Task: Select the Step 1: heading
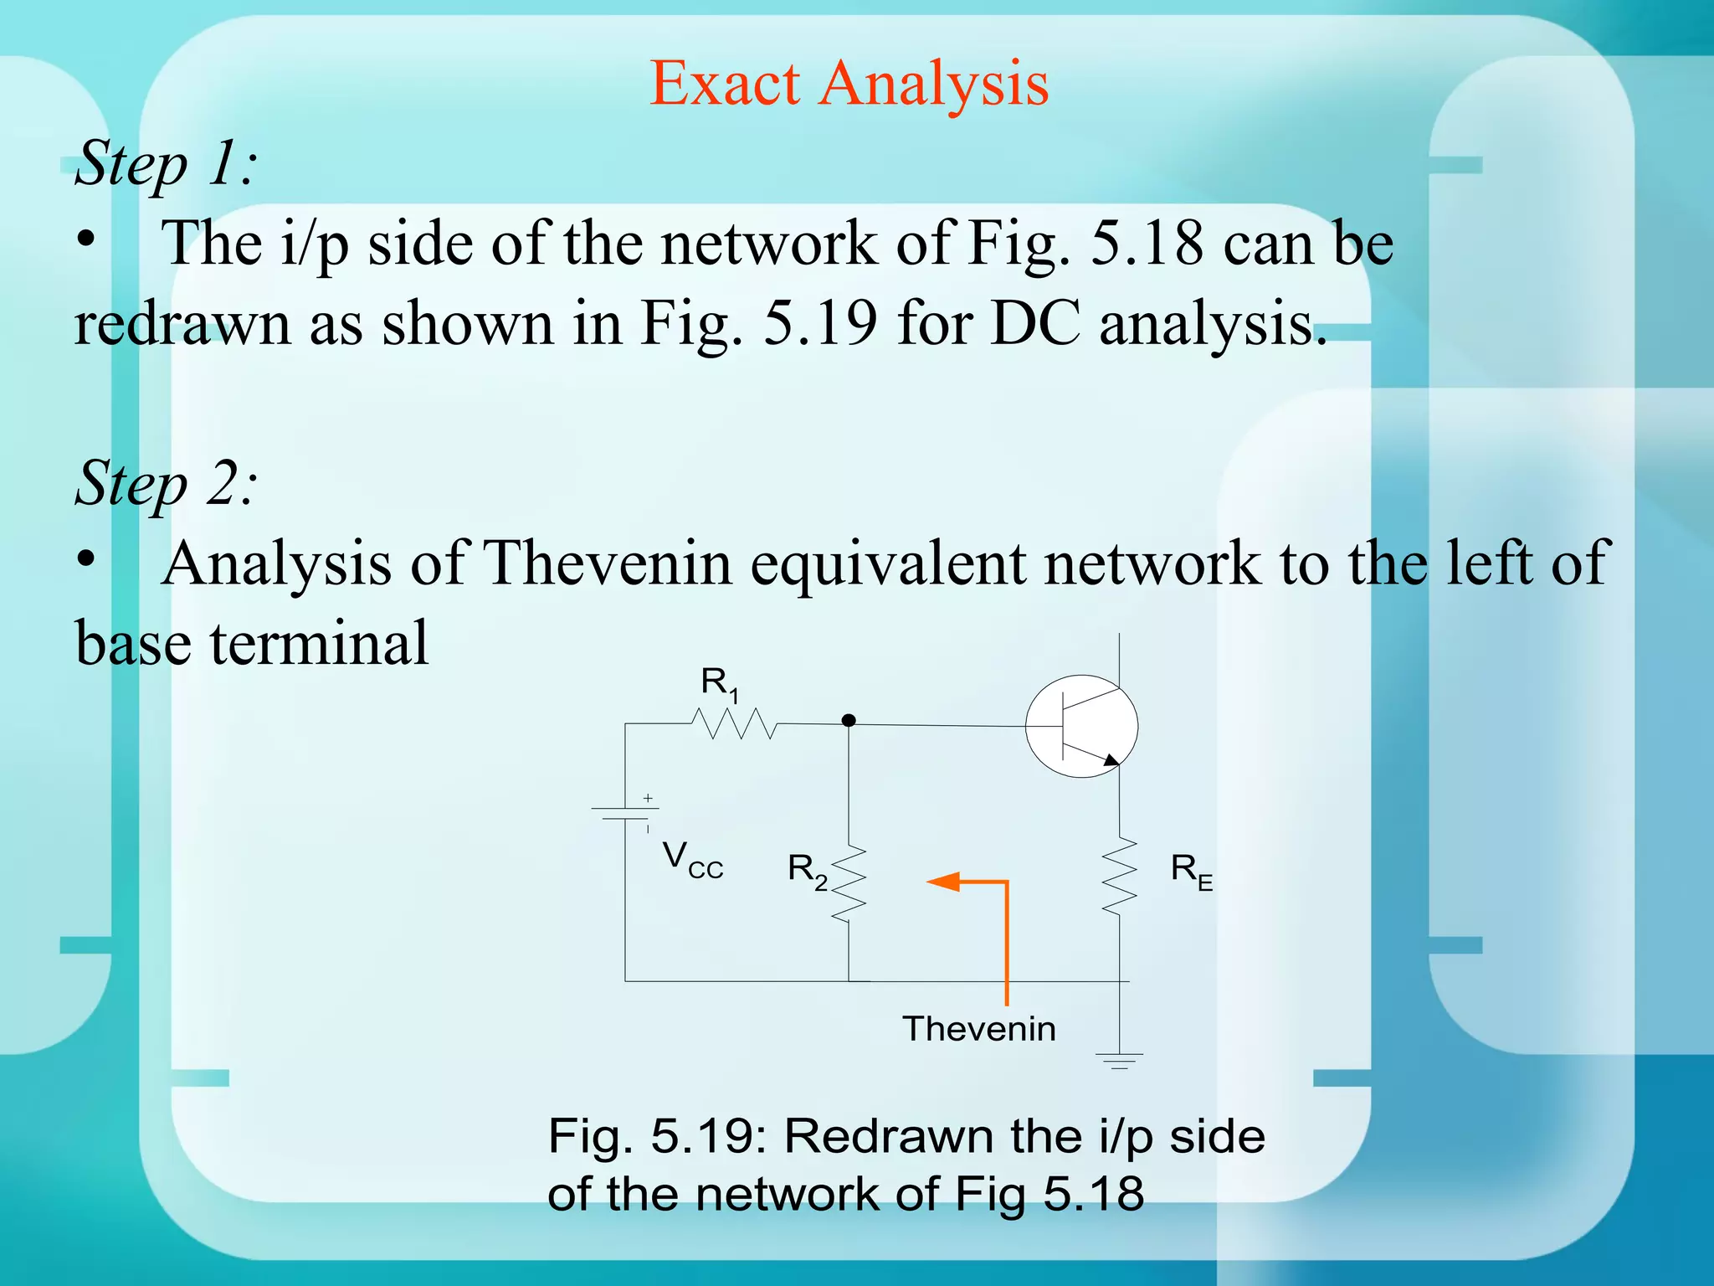click(x=166, y=163)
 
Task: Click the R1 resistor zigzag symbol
click(x=734, y=723)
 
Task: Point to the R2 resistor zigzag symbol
click(x=849, y=884)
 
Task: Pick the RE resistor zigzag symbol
click(x=1120, y=876)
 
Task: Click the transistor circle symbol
click(x=1081, y=726)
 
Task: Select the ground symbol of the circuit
click(x=1120, y=1062)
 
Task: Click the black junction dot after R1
click(x=849, y=720)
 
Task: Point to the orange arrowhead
click(x=943, y=882)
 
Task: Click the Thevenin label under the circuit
click(x=978, y=1029)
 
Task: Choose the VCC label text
click(x=692, y=861)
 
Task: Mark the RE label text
click(x=1191, y=872)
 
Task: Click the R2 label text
click(x=808, y=871)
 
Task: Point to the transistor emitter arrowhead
click(x=1111, y=760)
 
